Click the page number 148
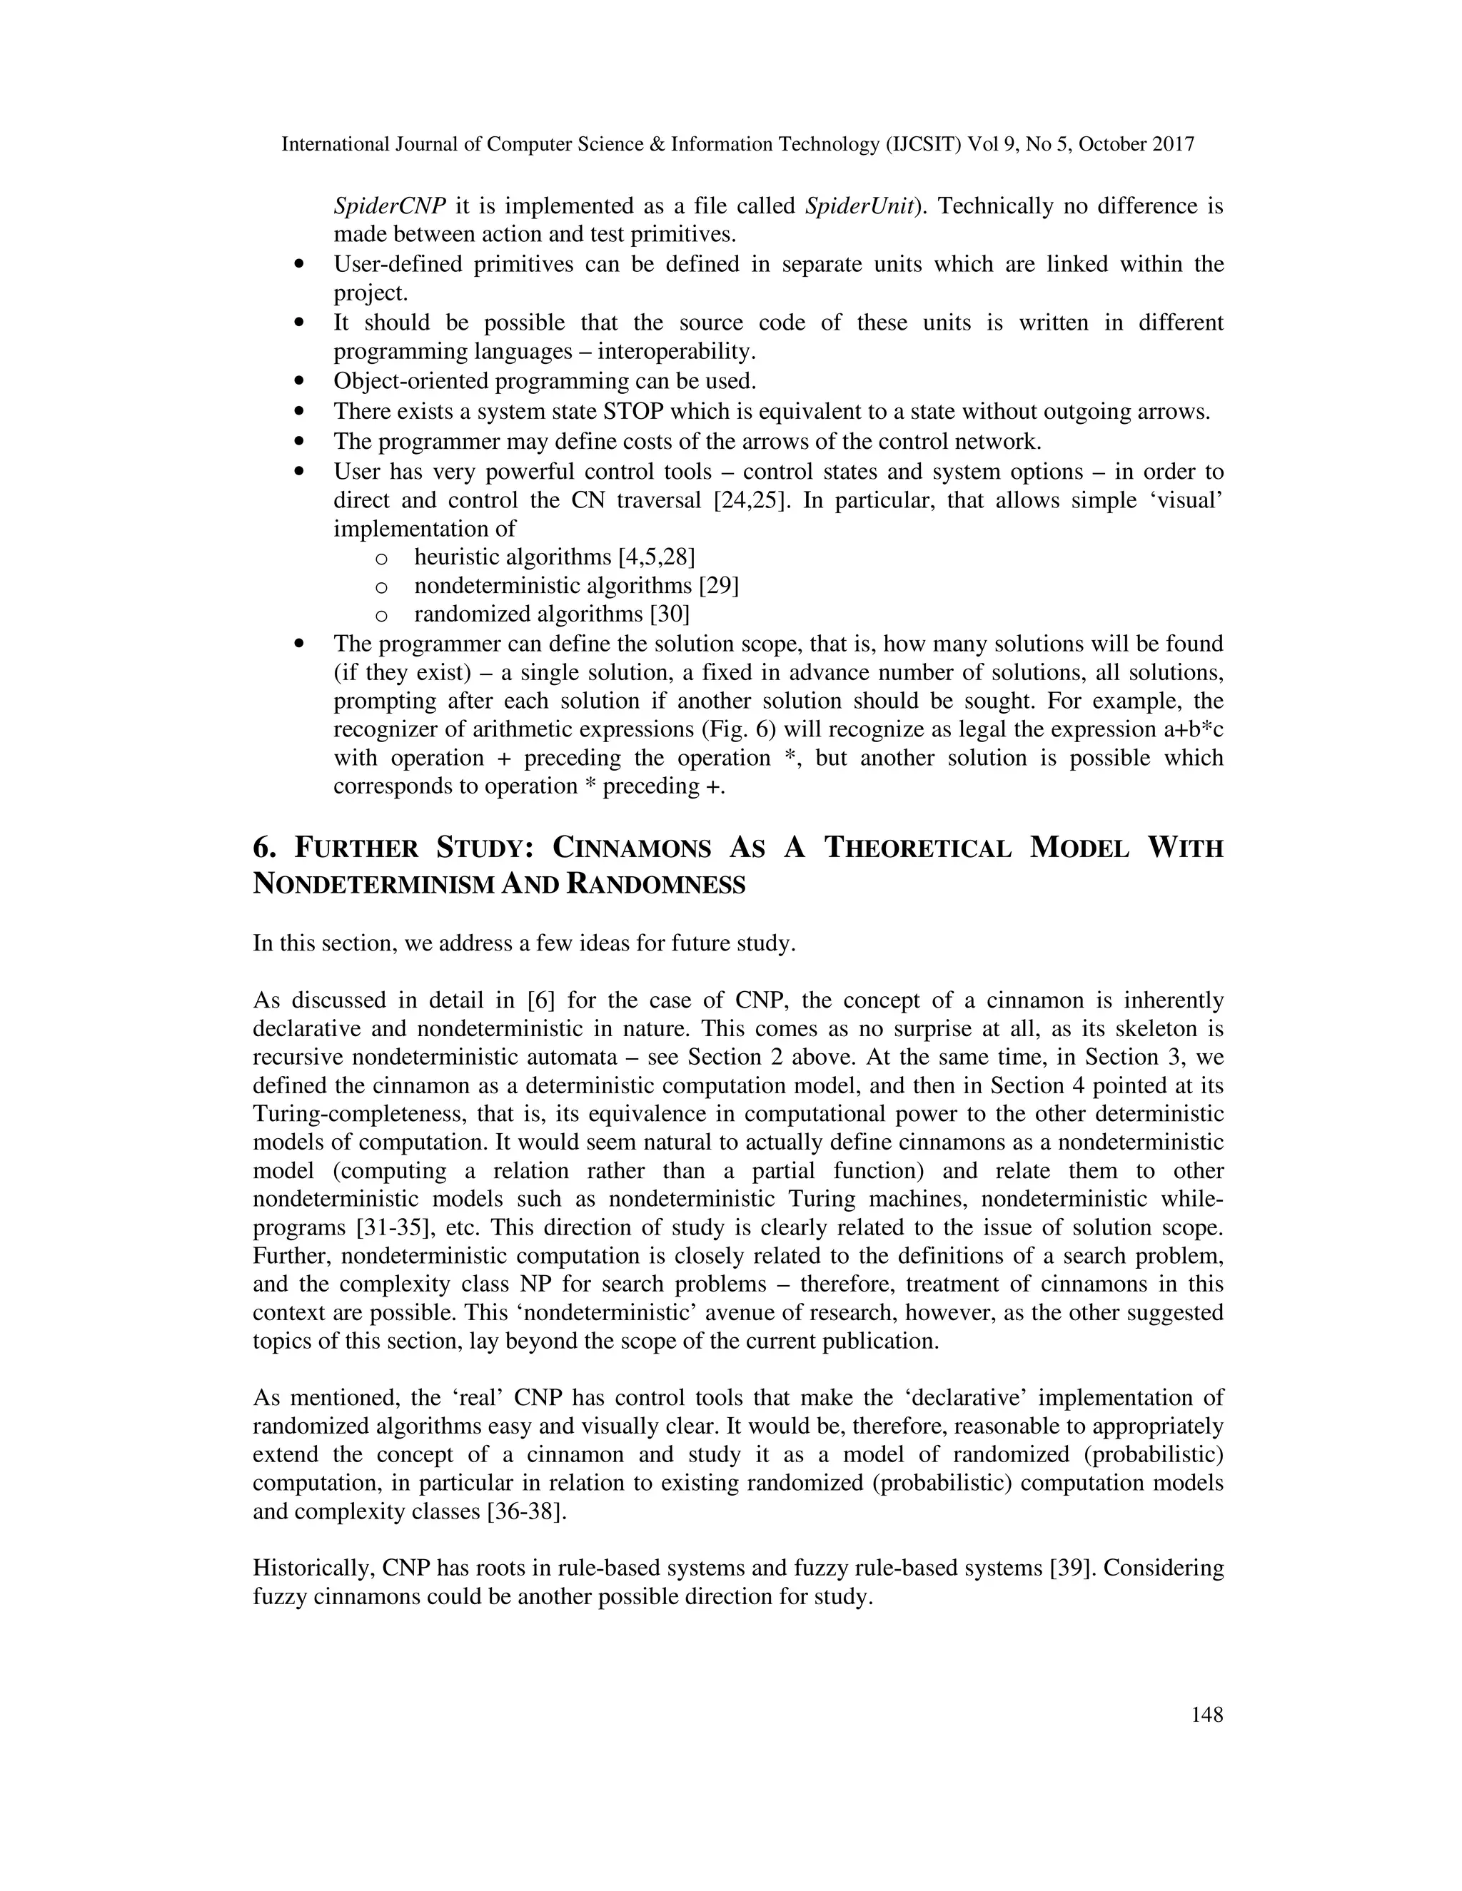(1206, 1714)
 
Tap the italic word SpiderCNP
(390, 206)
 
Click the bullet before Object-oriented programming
(300, 381)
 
